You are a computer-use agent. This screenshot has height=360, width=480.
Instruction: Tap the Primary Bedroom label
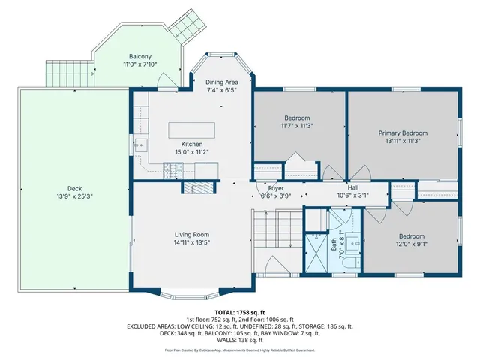(x=403, y=132)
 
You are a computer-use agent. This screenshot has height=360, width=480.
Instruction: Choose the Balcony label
(x=139, y=57)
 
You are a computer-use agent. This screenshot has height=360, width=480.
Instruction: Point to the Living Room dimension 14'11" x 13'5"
(x=192, y=243)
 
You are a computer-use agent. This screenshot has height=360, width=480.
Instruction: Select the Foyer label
(x=276, y=188)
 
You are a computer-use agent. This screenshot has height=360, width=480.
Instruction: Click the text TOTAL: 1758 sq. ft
(x=240, y=311)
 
